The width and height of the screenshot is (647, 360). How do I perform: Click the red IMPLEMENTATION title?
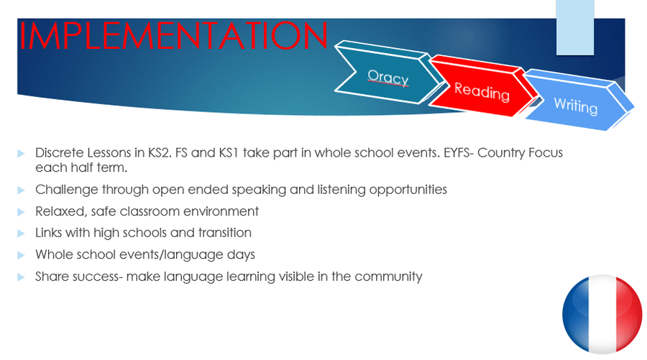point(174,36)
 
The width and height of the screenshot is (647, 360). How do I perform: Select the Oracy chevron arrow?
point(388,73)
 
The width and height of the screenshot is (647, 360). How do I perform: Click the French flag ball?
point(602,314)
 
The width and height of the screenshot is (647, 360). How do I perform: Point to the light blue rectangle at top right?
point(575,27)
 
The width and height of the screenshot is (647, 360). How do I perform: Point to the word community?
point(388,277)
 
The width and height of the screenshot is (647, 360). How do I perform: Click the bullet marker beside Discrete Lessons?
point(21,154)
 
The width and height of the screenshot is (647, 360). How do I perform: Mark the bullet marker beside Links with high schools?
point(21,234)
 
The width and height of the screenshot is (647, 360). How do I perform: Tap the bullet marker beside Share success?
point(21,277)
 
